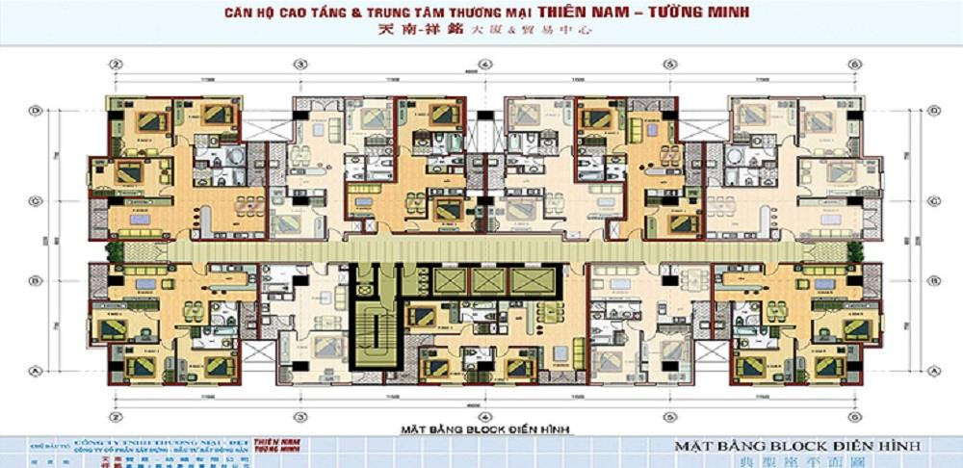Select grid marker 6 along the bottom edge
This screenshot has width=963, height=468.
click(853, 418)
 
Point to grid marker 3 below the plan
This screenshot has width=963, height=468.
click(300, 418)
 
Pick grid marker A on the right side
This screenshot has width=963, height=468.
click(934, 369)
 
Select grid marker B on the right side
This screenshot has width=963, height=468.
click(934, 281)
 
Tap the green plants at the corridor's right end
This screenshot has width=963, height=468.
click(853, 249)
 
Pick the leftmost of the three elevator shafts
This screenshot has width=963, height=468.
click(450, 280)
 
